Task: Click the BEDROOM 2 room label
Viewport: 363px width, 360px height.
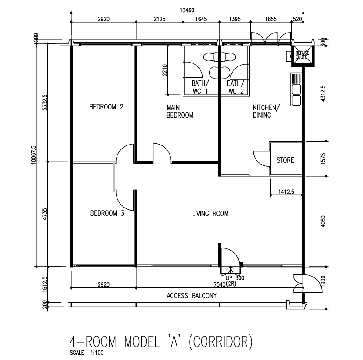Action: (x=106, y=107)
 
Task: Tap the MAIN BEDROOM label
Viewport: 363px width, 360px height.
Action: (x=180, y=111)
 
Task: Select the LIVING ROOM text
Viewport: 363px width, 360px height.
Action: (x=210, y=213)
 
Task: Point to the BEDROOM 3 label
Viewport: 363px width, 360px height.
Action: (x=107, y=213)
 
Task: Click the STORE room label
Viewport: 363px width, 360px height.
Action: (x=285, y=160)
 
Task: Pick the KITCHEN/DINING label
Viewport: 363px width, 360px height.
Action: (x=266, y=111)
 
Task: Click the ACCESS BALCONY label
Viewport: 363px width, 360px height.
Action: (x=192, y=296)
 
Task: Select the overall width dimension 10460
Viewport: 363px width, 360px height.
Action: (x=187, y=10)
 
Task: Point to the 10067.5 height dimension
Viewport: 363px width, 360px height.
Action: (x=34, y=155)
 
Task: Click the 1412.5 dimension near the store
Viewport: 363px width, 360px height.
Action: (x=286, y=192)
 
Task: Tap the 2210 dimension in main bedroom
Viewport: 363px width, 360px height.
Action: (x=165, y=70)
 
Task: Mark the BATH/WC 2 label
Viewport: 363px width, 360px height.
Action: (x=236, y=87)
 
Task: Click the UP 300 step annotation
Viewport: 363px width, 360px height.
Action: (x=235, y=278)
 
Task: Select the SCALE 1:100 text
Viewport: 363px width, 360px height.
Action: (x=87, y=353)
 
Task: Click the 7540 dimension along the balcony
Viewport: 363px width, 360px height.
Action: (x=220, y=284)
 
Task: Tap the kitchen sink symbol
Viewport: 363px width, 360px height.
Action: (x=296, y=89)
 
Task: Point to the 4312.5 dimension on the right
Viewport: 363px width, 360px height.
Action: (x=323, y=93)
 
